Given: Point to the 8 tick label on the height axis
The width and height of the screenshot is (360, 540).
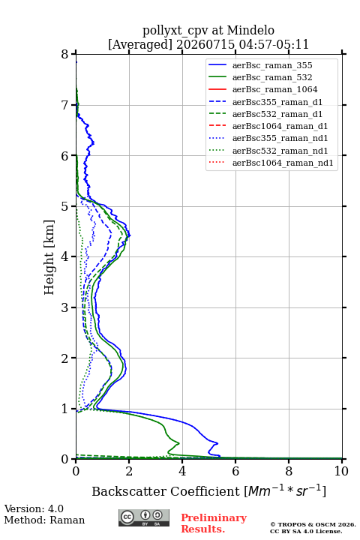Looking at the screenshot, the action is [x=65, y=54].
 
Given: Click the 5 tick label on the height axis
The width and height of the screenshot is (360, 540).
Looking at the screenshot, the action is [x=65, y=206].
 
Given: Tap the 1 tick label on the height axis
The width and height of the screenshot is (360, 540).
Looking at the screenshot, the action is [x=65, y=409].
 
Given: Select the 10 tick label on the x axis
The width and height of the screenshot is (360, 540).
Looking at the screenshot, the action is [x=341, y=471].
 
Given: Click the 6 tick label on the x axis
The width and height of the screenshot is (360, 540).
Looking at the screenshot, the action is [x=235, y=471].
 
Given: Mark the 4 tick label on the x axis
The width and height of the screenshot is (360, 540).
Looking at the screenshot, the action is [x=182, y=471].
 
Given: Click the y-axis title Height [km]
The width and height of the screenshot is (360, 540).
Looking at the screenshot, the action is [x=49, y=257].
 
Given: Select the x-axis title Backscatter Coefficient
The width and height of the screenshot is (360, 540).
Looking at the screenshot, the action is [x=165, y=491].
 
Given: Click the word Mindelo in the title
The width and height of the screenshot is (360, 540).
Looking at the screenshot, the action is [x=250, y=30].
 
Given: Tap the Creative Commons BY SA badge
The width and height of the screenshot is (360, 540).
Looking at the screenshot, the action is [x=144, y=517].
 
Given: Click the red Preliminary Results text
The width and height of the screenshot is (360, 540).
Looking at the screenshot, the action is [x=214, y=523].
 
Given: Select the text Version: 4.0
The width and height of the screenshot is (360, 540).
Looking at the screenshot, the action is [x=34, y=508].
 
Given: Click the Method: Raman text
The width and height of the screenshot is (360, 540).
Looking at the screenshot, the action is [x=44, y=520].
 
